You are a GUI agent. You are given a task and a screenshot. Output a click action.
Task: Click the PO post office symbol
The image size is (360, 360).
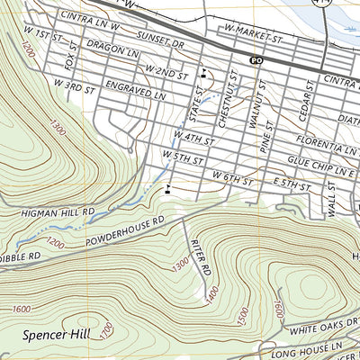click(x=256, y=60)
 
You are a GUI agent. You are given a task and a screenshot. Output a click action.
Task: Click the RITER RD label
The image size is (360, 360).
click(x=202, y=256)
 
